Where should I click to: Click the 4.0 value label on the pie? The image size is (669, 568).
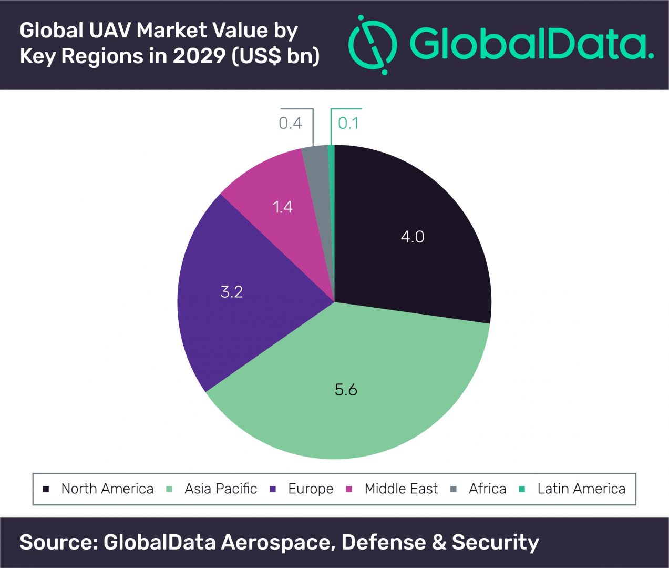pos(412,237)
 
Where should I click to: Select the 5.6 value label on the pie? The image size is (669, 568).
pos(346,390)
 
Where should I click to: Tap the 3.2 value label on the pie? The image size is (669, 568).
pos(231,292)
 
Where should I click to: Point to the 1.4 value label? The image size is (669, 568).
pos(282,207)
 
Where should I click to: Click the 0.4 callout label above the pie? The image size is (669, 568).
pos(290,123)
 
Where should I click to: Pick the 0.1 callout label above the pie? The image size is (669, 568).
pos(348,123)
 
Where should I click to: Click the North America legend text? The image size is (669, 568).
pos(107,489)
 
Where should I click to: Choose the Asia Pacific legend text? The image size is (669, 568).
pos(221,489)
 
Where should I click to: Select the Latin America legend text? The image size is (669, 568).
pos(581,489)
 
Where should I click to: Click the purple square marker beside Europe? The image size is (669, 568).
pos(273,489)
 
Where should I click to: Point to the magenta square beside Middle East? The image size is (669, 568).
pos(349,489)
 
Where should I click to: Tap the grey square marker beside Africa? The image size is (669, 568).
pos(454,489)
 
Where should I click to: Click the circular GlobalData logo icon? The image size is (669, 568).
pos(373,45)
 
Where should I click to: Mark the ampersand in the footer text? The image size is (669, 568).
pos(439,542)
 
